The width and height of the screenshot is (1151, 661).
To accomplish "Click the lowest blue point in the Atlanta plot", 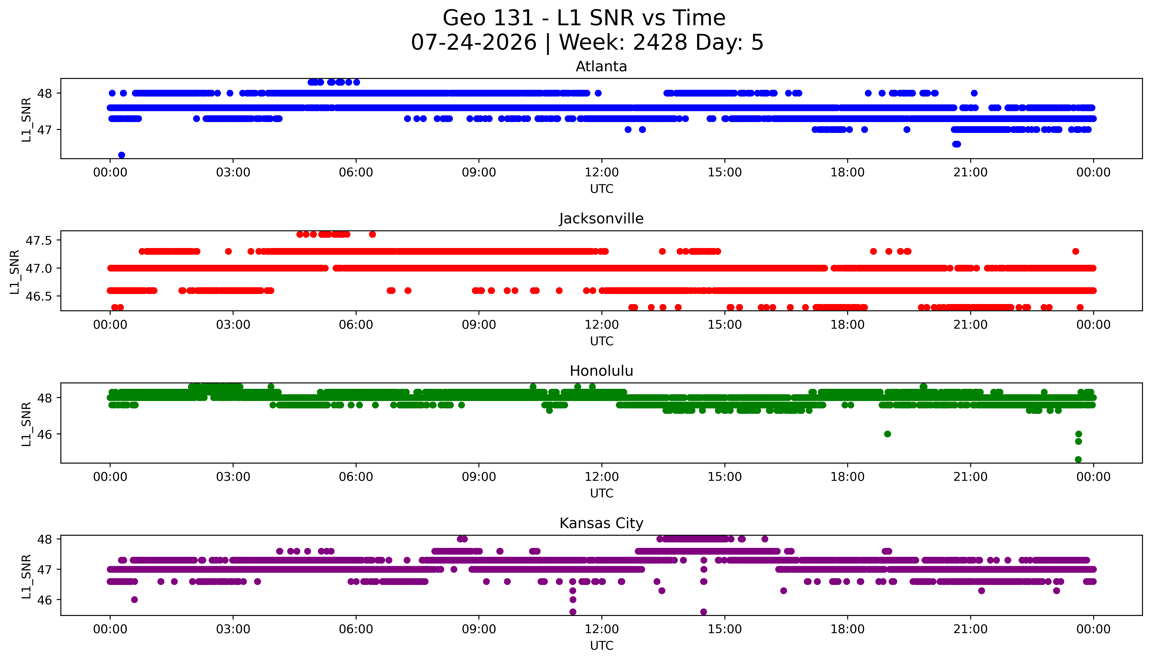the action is (121, 155).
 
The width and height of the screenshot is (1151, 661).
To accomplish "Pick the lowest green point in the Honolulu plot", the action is (1078, 459).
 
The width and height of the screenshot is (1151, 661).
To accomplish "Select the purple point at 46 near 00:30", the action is (135, 600).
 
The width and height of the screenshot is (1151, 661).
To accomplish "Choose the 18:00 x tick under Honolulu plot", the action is (848, 477).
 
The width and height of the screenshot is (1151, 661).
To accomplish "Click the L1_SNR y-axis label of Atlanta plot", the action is (26, 119).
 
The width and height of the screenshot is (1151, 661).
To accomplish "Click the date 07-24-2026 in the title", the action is (474, 43).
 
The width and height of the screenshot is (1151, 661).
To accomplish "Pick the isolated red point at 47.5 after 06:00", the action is (372, 234).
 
